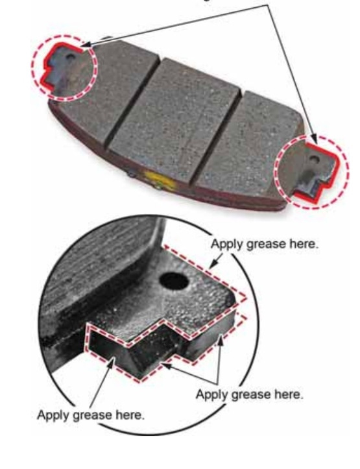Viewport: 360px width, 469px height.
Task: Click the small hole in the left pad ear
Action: [x=71, y=56]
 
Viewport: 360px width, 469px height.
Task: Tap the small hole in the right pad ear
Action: [x=314, y=159]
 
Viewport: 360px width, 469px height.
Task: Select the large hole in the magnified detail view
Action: [x=174, y=281]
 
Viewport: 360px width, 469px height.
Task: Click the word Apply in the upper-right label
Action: [x=227, y=245]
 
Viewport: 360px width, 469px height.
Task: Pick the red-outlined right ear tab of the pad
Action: [x=318, y=171]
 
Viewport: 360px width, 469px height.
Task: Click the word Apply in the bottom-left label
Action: [x=54, y=416]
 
